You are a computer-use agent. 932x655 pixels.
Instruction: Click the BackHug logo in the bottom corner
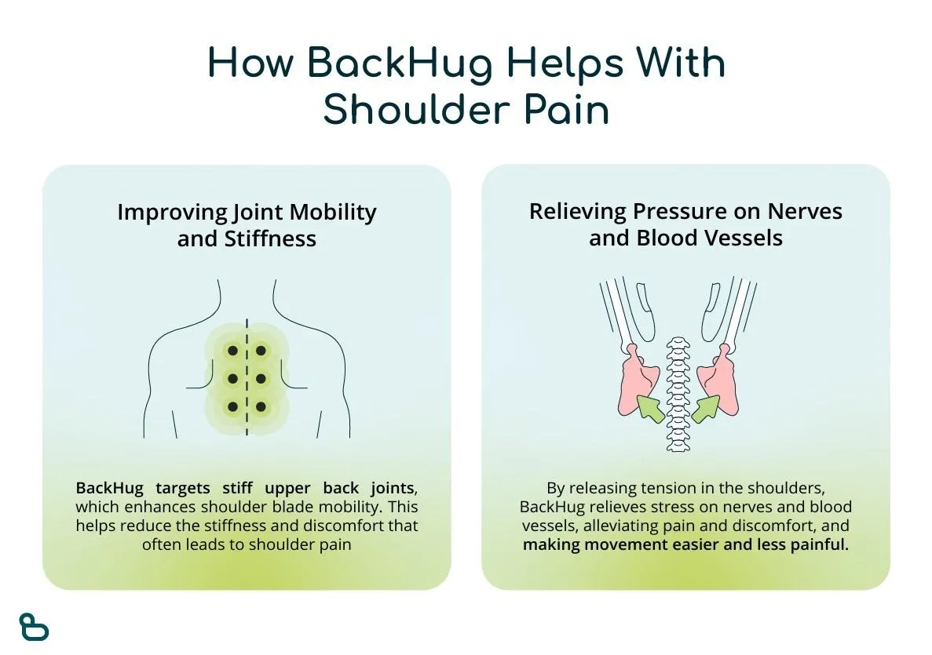pos(34,627)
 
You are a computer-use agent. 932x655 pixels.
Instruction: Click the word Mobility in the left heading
pos(333,213)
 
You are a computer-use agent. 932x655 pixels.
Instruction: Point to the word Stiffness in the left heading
pos(270,238)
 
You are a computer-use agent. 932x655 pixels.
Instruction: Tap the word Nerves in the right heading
pos(805,212)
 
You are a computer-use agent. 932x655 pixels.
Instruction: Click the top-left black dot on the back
pos(233,351)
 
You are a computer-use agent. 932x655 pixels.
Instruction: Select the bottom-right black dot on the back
pos(261,407)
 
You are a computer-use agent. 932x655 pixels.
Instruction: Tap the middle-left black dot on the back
pos(233,379)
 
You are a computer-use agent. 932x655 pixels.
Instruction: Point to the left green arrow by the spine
pos(650,409)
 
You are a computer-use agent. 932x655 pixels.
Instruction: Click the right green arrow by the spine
pos(706,409)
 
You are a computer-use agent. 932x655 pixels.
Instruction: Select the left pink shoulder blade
pos(638,379)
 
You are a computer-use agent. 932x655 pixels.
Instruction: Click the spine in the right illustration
pos(678,395)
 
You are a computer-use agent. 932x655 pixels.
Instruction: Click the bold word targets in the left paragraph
pos(182,489)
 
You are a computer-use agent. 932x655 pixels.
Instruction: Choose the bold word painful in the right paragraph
pos(820,544)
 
